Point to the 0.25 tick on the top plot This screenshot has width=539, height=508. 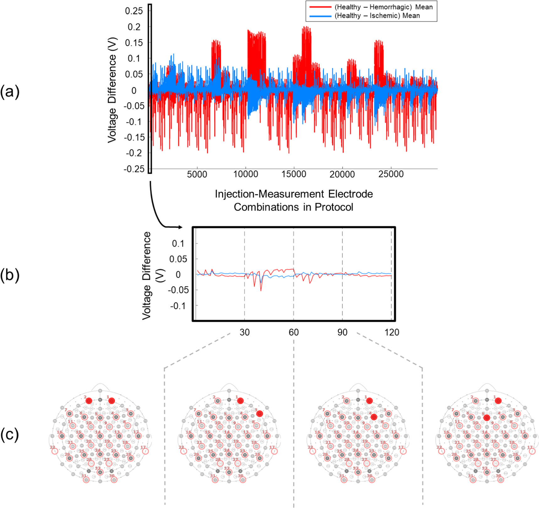(134, 11)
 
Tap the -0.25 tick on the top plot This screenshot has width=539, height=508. (134, 169)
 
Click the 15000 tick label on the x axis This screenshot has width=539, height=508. (294, 174)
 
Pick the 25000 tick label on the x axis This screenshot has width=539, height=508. (391, 174)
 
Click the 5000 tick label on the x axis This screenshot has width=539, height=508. (197, 174)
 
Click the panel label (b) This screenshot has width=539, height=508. (10, 275)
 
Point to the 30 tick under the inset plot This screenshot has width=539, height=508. (245, 332)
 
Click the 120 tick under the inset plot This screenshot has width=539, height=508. (392, 332)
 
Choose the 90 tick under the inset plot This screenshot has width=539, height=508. (342, 332)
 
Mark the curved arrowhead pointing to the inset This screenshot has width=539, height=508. (180, 227)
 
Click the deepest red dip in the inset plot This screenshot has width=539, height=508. (261, 290)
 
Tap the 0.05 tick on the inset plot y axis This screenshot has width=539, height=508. (178, 259)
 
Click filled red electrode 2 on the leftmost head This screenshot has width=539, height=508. (89, 401)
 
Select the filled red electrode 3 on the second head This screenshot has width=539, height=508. (259, 414)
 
